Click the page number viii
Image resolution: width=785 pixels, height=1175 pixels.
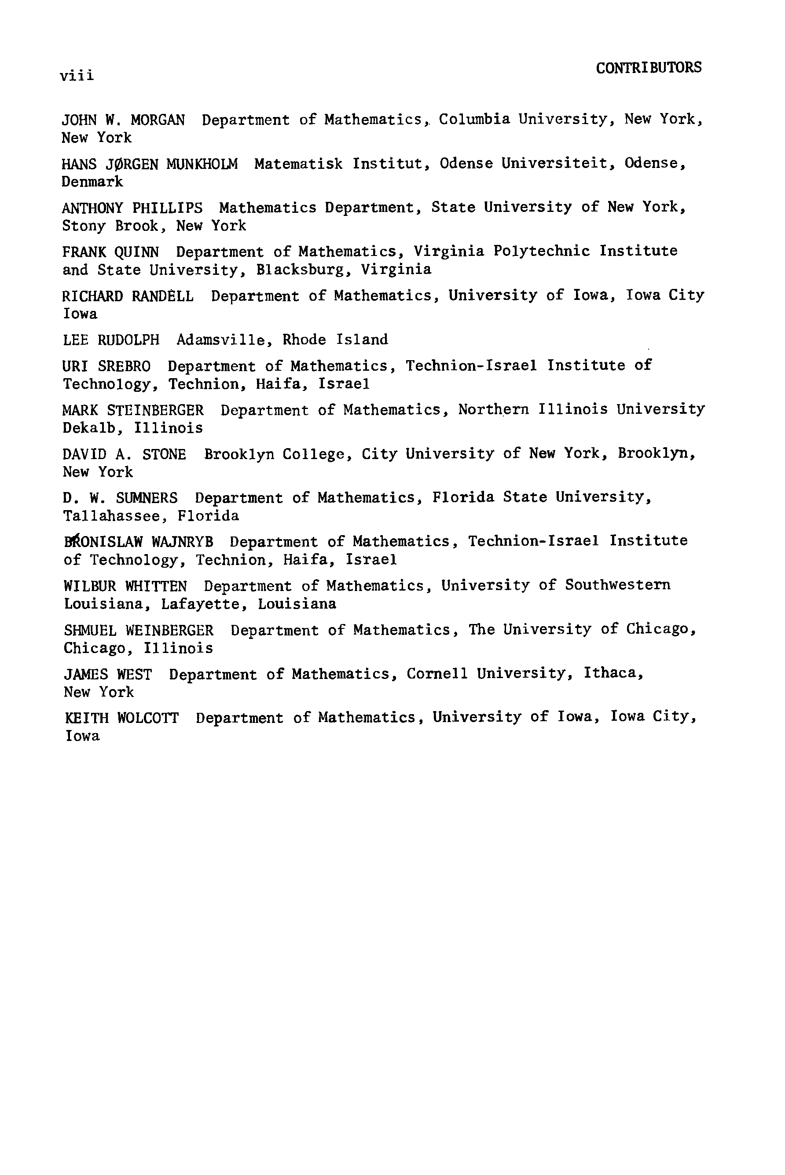(x=77, y=76)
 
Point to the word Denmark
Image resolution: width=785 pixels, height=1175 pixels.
(x=92, y=182)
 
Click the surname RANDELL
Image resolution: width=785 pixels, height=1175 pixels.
(x=163, y=296)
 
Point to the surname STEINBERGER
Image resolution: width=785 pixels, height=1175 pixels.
(x=155, y=411)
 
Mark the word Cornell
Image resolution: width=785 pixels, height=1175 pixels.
(x=437, y=674)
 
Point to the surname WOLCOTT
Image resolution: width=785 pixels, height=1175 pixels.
(x=148, y=718)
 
